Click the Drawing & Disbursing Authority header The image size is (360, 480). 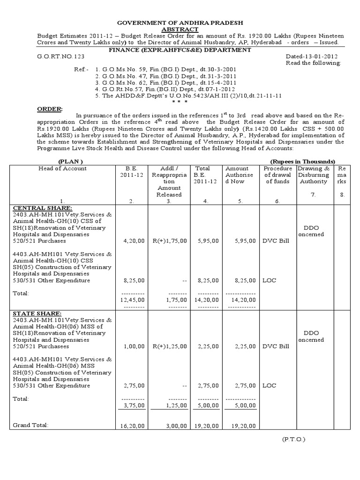314,175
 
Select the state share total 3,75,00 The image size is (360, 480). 132,405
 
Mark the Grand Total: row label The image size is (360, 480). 30,425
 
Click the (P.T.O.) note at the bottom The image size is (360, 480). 294,440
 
